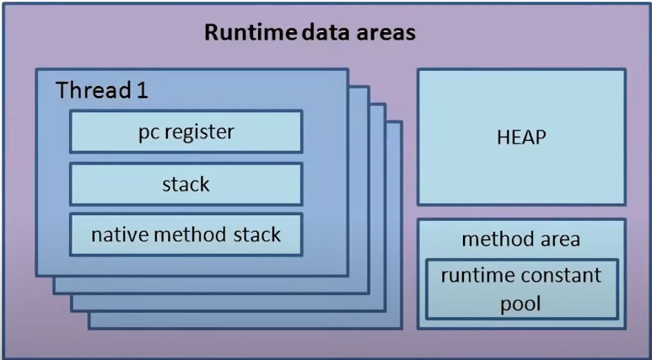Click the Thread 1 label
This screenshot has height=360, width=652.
102,90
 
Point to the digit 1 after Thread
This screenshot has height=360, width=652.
143,90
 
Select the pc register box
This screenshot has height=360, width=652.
186,132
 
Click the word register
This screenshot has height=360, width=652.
200,132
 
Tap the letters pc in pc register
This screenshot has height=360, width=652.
149,134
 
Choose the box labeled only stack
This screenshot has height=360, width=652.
186,184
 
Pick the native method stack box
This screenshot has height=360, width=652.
186,234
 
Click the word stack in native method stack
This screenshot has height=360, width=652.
257,234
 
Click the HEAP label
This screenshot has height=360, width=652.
521,137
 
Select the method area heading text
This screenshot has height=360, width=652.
520,239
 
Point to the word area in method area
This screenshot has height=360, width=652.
560,240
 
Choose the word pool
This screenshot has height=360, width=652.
520,304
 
